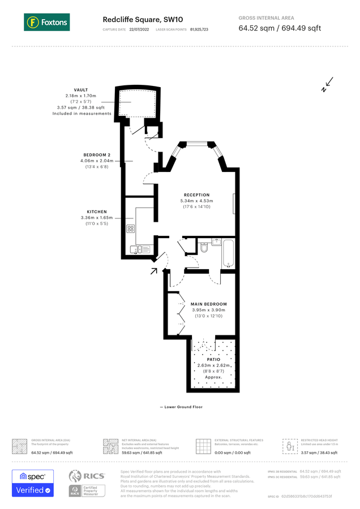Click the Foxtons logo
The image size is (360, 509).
(47, 23)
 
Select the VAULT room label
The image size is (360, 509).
(81, 90)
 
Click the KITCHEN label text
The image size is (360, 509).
(97, 212)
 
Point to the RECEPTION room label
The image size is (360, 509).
(196, 195)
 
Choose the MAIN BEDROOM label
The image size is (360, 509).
(209, 304)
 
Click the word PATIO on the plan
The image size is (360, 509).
(213, 359)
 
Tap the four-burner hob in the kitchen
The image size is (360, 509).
(131, 229)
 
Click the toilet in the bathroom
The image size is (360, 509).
(204, 247)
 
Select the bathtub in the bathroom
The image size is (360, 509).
(228, 252)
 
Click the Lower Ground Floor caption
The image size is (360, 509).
(181, 407)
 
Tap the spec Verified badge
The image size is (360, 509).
(33, 484)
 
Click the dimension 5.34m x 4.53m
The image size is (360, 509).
(196, 201)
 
